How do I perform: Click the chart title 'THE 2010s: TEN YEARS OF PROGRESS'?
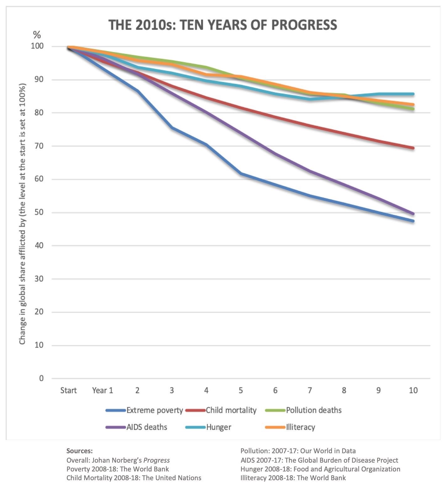coord(223,25)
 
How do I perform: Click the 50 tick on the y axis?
coord(39,212)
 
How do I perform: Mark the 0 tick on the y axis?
coord(41,378)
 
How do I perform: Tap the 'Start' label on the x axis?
coord(68,390)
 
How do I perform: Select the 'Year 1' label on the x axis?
coord(102,390)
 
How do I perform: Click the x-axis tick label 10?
coord(413,390)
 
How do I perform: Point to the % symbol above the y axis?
coord(37,35)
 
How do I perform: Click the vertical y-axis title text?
coord(22,214)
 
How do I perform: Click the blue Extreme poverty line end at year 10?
coord(413,221)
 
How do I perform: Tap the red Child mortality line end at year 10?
coord(413,148)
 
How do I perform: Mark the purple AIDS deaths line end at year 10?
coord(413,214)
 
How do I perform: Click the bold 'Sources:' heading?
coord(79,451)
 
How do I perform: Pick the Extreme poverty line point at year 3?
coord(172,128)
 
